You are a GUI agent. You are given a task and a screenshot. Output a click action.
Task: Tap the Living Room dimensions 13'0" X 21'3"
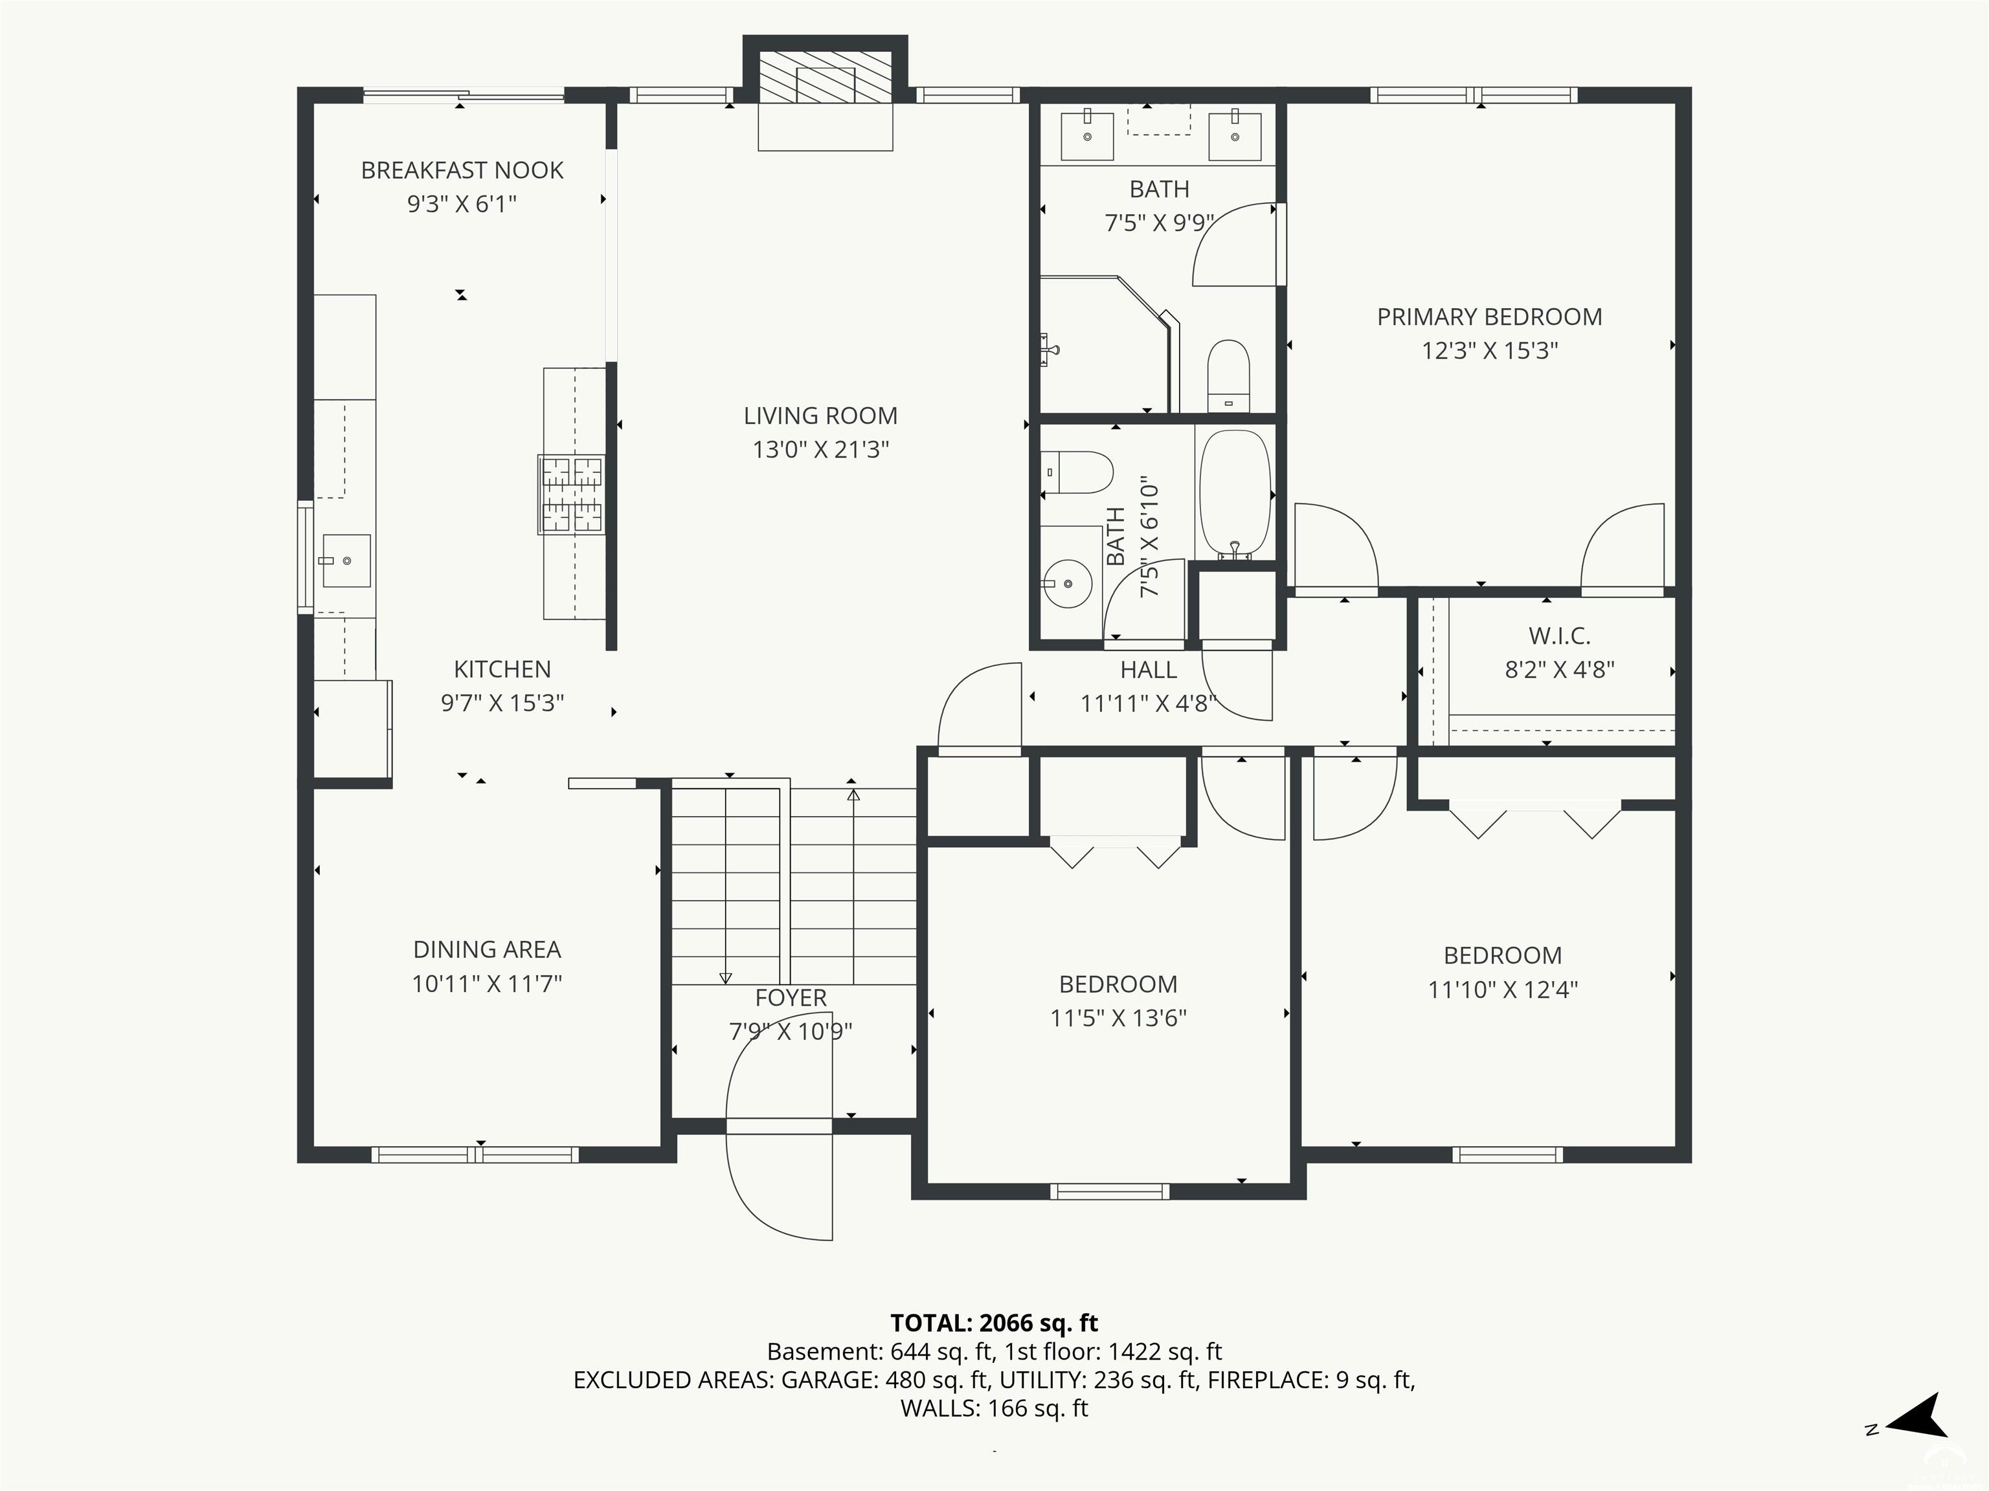[x=821, y=448]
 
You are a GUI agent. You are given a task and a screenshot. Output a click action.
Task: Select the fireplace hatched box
[x=826, y=76]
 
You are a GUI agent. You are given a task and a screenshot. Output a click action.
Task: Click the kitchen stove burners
[x=571, y=494]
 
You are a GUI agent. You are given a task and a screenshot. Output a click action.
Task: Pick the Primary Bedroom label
[x=1489, y=316]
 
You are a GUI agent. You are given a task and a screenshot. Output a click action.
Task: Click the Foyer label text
[x=791, y=998]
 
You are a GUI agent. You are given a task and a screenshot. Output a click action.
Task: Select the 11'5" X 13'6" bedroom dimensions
[x=1119, y=1017]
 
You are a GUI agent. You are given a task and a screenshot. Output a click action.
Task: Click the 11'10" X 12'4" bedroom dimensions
[x=1503, y=989]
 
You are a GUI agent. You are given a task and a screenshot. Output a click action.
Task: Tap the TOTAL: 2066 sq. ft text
[x=994, y=1323]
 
